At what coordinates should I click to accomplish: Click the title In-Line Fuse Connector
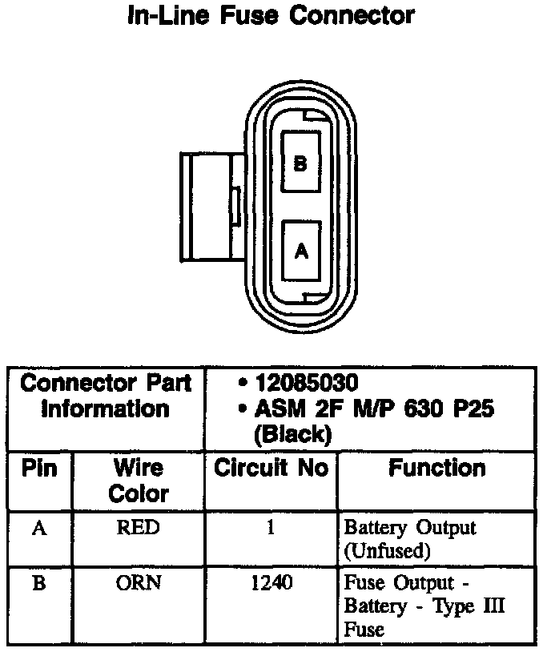click(x=271, y=15)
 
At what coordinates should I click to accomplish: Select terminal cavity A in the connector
click(x=301, y=251)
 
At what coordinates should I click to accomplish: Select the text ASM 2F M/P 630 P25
click(x=373, y=409)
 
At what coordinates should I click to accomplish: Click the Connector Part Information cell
click(x=107, y=396)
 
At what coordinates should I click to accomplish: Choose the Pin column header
click(x=38, y=468)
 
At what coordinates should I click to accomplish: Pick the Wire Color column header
click(x=138, y=480)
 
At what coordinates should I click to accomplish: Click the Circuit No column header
click(x=271, y=469)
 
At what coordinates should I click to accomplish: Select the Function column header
click(x=437, y=469)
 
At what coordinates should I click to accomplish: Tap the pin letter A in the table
click(x=38, y=529)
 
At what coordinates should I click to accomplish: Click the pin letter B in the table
click(x=38, y=583)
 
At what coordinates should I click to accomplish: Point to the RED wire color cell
click(x=138, y=529)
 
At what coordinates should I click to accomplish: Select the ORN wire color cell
click(x=138, y=583)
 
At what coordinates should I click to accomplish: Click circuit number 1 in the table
click(x=271, y=529)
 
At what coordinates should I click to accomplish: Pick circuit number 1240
click(x=271, y=583)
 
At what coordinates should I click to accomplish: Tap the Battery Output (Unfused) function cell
click(x=409, y=538)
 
